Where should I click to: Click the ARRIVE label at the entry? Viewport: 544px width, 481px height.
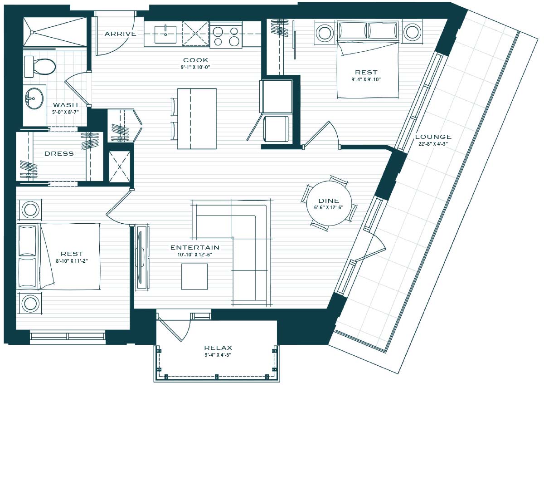coord(120,34)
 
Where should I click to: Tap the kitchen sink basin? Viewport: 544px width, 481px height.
coord(165,34)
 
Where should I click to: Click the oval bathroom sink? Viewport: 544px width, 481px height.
coord(34,98)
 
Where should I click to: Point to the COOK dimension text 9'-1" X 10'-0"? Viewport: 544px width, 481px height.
coord(195,67)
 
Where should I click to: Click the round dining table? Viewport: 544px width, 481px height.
coord(329,203)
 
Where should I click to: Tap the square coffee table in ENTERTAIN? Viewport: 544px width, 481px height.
coord(194,276)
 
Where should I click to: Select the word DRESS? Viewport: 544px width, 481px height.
coord(59,153)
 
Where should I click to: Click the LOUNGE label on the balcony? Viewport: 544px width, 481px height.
coord(433,137)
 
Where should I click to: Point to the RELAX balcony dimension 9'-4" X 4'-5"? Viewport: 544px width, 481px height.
coord(218,355)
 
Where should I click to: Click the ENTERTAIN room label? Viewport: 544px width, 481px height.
coord(194,247)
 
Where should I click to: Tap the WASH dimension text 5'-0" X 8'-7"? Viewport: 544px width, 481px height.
coord(66,112)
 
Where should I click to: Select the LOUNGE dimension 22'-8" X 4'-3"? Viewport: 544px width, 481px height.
coord(433,144)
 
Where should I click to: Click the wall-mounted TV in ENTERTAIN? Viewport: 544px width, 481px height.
coord(140,256)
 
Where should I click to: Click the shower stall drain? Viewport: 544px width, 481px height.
coord(32,32)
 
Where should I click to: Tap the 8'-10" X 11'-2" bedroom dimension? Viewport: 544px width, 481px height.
coord(72,261)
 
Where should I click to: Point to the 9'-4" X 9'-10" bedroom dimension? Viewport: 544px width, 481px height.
coord(366,79)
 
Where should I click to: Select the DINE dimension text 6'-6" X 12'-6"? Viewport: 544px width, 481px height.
coord(329,207)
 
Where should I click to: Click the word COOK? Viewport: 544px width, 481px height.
coord(195,60)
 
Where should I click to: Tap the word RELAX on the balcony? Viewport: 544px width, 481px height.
coord(218,348)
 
